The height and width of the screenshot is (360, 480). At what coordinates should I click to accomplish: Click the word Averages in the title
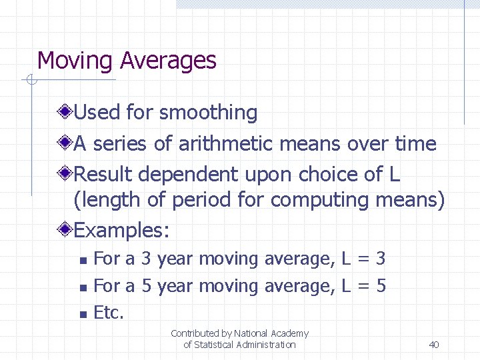coord(168,61)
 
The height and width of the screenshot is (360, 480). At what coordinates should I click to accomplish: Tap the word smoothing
coord(208,113)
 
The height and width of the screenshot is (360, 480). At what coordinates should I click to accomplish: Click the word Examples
coord(121,231)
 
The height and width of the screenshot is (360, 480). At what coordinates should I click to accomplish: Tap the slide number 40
coord(434,345)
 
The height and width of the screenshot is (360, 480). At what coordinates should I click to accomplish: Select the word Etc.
coord(109,312)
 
